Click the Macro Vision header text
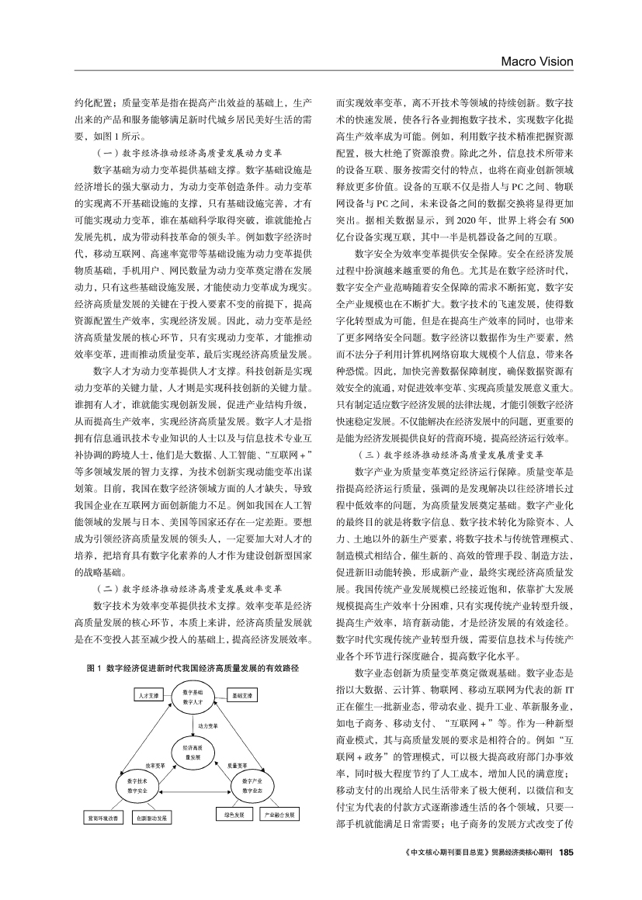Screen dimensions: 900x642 pos(536,61)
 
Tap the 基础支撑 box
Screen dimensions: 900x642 pos(241,697)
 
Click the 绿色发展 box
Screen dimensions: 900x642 pos(234,815)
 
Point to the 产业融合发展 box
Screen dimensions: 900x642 pos(279,815)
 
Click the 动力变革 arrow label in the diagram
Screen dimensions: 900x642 pos(207,725)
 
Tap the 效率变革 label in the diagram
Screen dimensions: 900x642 pos(154,766)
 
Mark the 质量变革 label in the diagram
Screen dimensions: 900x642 pos(237,766)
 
